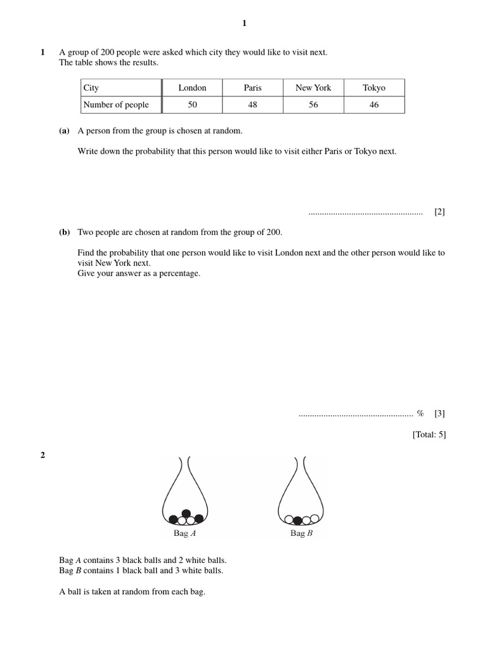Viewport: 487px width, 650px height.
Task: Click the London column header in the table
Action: click(x=192, y=88)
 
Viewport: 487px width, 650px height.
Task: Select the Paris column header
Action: click(x=252, y=88)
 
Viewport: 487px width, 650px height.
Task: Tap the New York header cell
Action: click(x=313, y=88)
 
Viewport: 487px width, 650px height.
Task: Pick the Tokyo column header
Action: click(x=373, y=88)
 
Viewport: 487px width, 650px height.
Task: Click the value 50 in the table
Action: click(x=192, y=105)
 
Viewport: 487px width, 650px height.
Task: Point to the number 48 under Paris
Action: click(x=252, y=105)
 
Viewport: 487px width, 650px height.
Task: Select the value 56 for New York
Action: click(x=313, y=105)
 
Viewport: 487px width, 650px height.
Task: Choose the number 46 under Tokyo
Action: click(x=373, y=105)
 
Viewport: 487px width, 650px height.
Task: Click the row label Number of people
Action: click(x=116, y=105)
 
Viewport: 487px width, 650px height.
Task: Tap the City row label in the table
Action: click(x=91, y=88)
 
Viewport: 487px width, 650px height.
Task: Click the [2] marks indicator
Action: click(x=439, y=212)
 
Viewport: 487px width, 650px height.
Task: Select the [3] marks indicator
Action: click(x=439, y=413)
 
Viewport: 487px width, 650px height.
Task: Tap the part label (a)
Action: click(x=64, y=131)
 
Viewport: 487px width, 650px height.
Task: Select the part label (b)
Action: click(x=64, y=232)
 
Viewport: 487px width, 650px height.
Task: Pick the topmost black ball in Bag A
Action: click(x=186, y=513)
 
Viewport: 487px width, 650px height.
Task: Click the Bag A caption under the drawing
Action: click(x=185, y=533)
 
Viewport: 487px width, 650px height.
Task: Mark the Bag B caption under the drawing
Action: click(x=301, y=533)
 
